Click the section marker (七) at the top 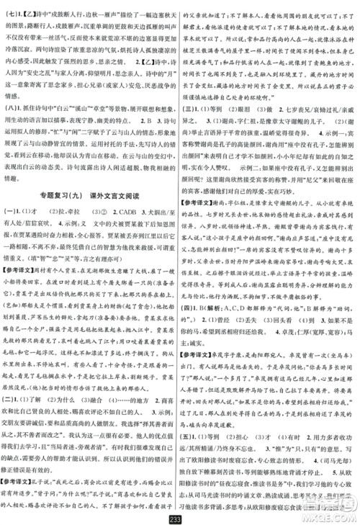(12, 8)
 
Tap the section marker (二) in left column (14, 395)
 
